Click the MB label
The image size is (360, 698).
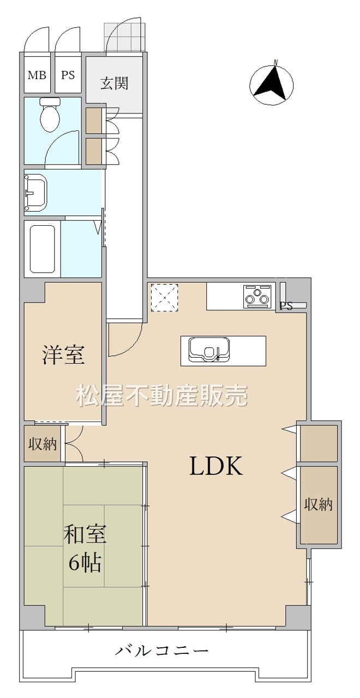coord(37,75)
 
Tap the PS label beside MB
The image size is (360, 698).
coord(68,75)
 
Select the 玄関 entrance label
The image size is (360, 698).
coord(114,83)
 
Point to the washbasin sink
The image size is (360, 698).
coord(36,191)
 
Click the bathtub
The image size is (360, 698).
coord(43,249)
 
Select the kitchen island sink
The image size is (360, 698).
coord(208,350)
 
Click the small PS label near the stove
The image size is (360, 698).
coord(285,306)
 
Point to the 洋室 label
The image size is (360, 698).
coord(63,354)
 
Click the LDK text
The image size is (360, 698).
coord(215,466)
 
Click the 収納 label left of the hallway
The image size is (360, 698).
coord(43,444)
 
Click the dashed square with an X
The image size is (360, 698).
coord(164,297)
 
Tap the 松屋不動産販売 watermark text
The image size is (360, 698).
coord(162,395)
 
